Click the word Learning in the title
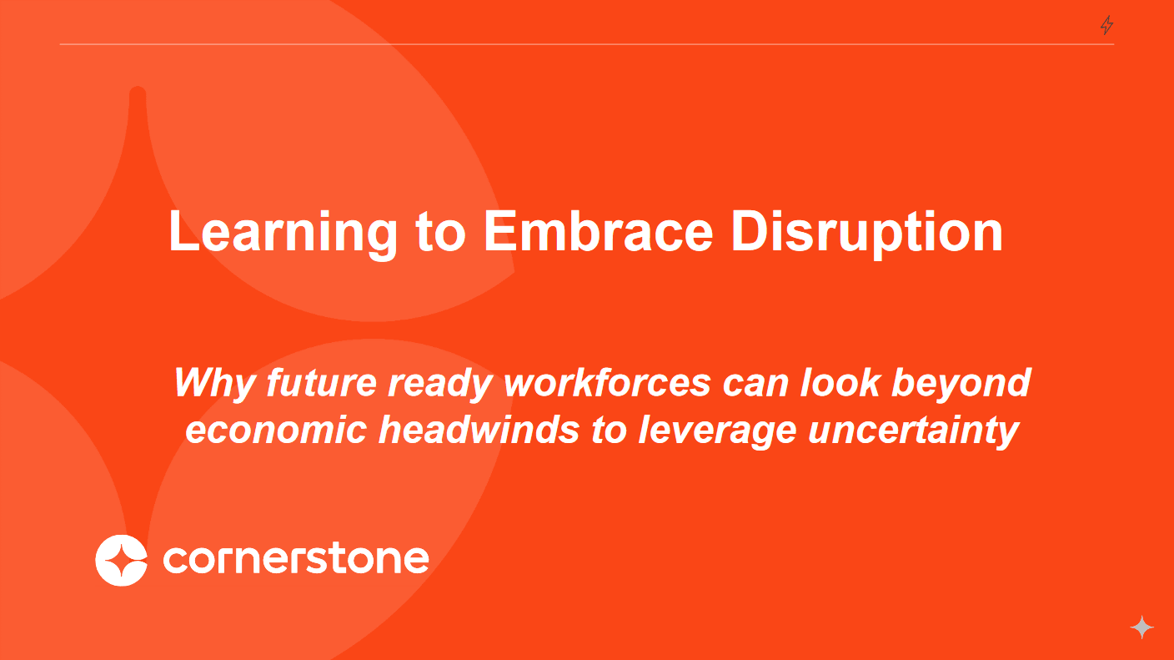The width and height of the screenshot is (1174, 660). [x=283, y=233]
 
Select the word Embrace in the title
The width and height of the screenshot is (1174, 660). [x=599, y=231]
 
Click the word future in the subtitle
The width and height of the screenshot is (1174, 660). [x=321, y=383]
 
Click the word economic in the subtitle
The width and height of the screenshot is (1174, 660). [x=276, y=431]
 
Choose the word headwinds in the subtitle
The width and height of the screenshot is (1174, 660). [x=479, y=430]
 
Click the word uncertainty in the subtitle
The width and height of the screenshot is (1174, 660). [x=914, y=431]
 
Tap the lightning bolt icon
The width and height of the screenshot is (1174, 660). [x=1106, y=25]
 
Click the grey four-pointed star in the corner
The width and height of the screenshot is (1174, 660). [x=1142, y=627]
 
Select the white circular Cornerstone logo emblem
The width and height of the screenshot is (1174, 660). [x=122, y=561]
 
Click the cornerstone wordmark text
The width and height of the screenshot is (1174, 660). [x=296, y=559]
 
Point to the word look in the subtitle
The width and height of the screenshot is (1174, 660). [x=840, y=382]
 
